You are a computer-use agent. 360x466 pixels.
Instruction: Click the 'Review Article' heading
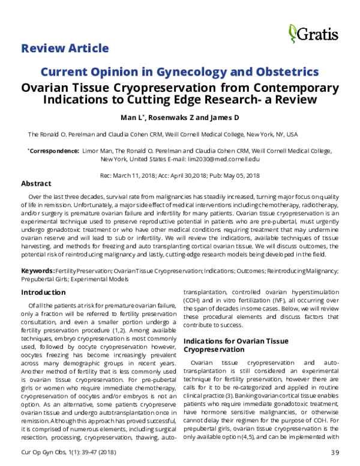[x=65, y=48]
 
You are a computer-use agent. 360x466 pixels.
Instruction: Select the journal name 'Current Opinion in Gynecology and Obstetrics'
[x=179, y=72]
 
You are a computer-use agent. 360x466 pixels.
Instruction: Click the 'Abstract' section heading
[x=36, y=183]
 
